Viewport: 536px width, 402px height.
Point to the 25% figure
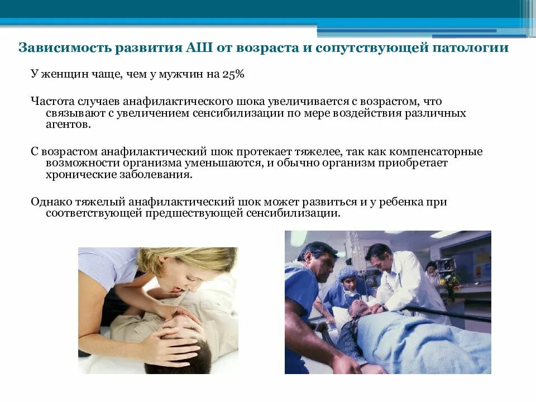(x=234, y=74)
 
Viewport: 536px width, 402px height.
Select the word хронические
(x=78, y=175)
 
